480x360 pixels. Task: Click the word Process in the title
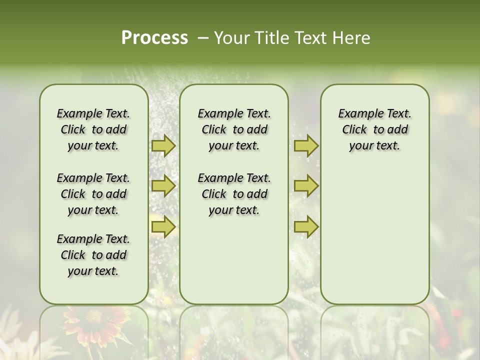[154, 38]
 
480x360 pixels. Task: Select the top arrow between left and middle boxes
[163, 146]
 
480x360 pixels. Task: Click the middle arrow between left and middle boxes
[163, 186]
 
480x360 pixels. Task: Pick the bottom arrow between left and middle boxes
[163, 227]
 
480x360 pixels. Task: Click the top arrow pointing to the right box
[306, 146]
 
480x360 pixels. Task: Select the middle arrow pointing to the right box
[306, 186]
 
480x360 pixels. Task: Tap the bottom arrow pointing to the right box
[306, 227]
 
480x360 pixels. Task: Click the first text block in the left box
[93, 129]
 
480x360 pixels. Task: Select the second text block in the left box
[93, 194]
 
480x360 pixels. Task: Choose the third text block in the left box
[93, 255]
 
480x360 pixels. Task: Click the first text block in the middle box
[234, 129]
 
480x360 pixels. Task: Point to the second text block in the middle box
[234, 194]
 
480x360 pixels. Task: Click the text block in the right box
[374, 129]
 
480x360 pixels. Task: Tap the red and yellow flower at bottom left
[94, 319]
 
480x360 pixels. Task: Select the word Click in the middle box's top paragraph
[214, 130]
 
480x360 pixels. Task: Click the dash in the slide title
[203, 38]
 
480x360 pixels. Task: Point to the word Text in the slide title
[310, 38]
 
